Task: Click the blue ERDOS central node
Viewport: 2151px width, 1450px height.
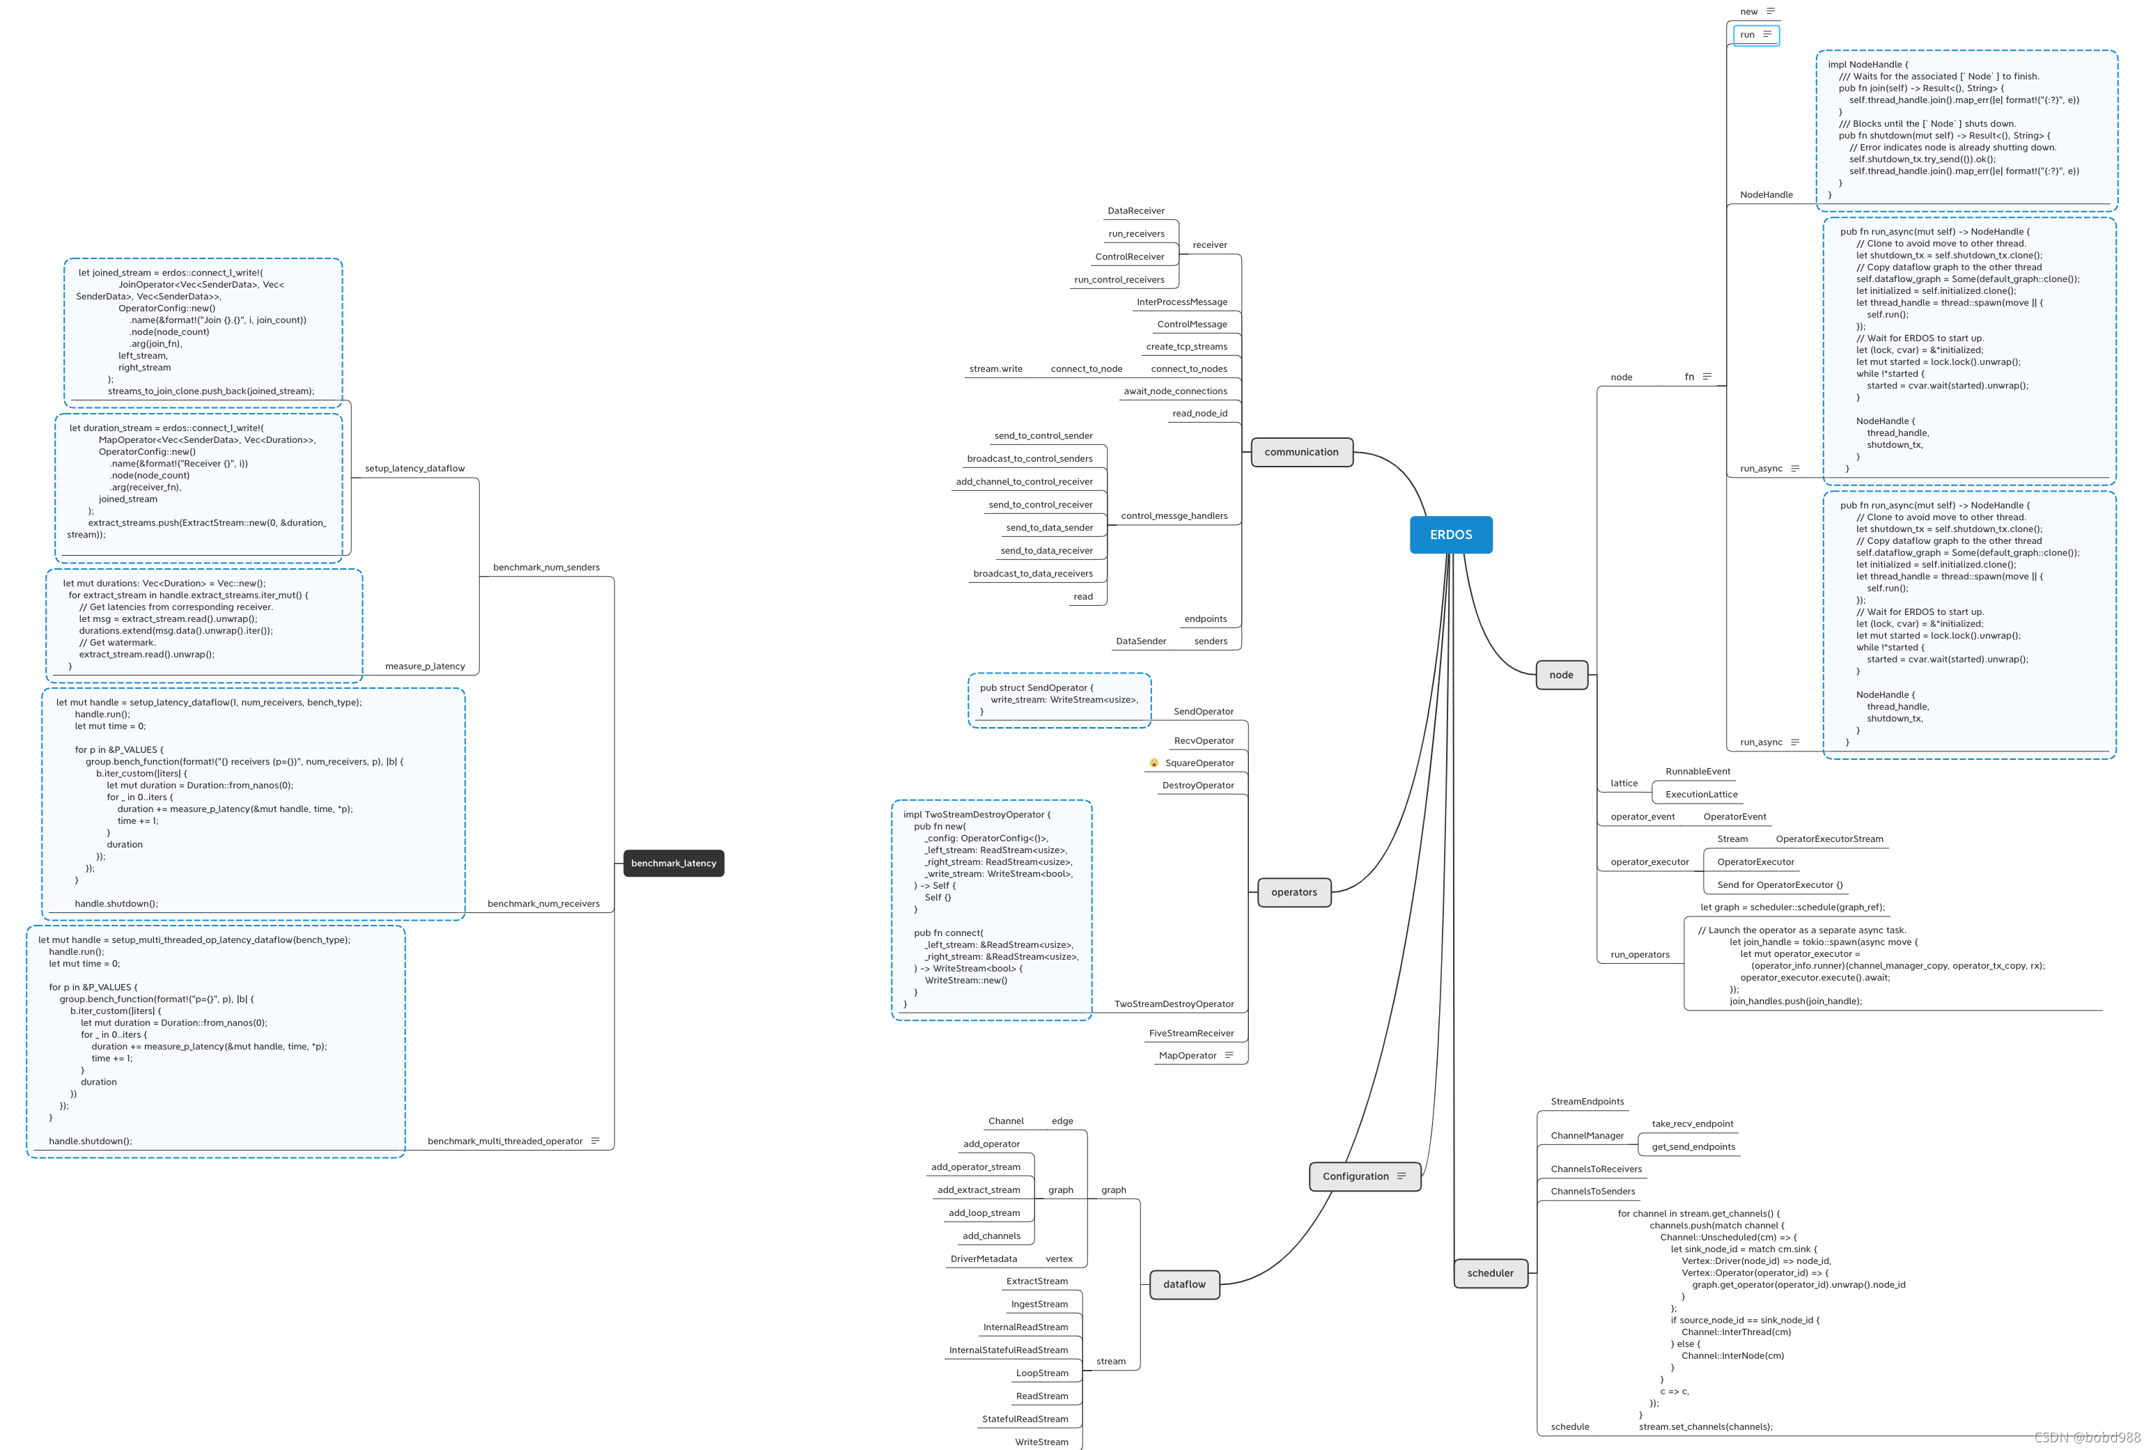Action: [1450, 534]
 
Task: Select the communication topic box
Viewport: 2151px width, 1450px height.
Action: [1301, 452]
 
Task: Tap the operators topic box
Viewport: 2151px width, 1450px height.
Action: [1294, 892]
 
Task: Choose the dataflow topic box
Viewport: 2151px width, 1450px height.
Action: [1183, 1284]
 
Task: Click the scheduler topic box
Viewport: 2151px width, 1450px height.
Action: [1490, 1273]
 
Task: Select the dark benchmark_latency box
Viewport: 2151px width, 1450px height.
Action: [673, 864]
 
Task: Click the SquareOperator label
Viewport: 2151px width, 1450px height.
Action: [1199, 763]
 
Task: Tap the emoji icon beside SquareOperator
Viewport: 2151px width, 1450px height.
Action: [1154, 763]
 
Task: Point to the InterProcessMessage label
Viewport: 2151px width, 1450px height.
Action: [1182, 302]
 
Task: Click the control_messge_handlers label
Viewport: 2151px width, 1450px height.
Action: [1174, 516]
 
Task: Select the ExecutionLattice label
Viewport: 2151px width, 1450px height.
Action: [1700, 795]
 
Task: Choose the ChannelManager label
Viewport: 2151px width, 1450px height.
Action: [1587, 1136]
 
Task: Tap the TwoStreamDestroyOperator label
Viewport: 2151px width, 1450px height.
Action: [1174, 1004]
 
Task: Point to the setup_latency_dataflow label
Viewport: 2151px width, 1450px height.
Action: [414, 469]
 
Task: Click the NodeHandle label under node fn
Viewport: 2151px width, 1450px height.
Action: [1765, 195]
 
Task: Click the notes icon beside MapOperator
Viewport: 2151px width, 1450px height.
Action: [1229, 1055]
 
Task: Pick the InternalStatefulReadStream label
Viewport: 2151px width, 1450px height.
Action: [1008, 1350]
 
